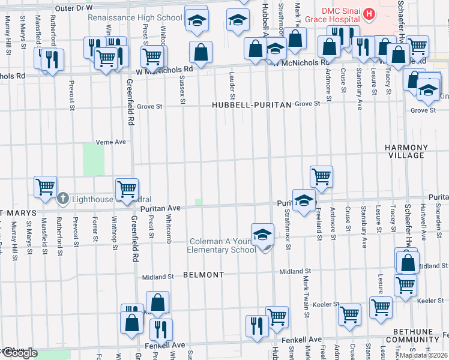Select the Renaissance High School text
[135, 17]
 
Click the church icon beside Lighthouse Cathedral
[62, 199]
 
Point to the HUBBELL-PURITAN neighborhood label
[251, 105]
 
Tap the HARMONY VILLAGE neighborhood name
[406, 151]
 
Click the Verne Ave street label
[111, 143]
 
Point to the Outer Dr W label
[74, 8]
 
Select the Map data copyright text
[423, 355]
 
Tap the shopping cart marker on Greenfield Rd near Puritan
[127, 189]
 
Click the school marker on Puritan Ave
[304, 200]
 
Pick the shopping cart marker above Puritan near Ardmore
[321, 176]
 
